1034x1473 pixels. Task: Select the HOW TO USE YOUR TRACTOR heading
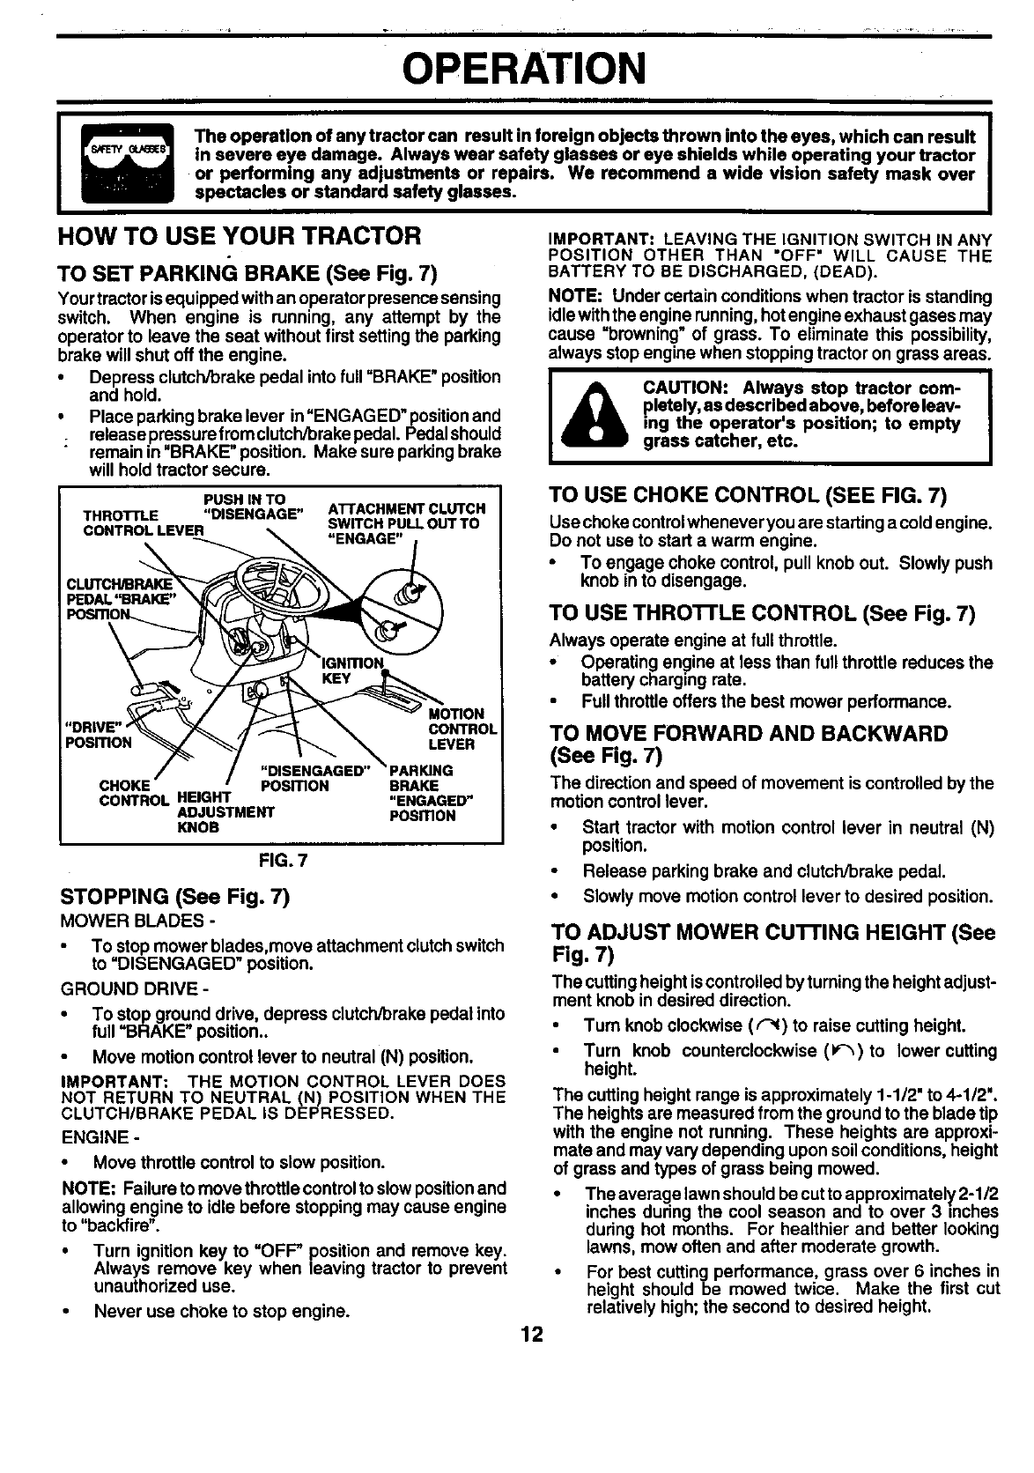point(239,237)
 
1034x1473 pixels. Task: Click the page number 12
point(530,1335)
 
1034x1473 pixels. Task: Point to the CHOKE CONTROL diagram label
point(132,793)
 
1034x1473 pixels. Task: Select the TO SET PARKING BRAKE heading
point(247,270)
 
